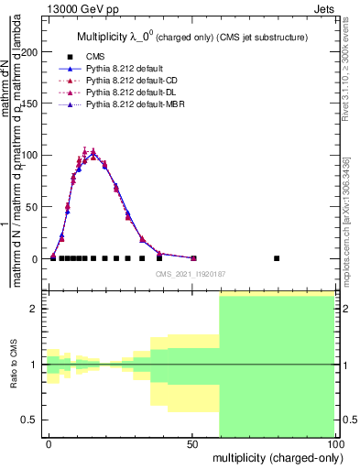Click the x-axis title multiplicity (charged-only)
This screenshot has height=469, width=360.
click(275, 456)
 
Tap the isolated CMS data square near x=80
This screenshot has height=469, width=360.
click(277, 258)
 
